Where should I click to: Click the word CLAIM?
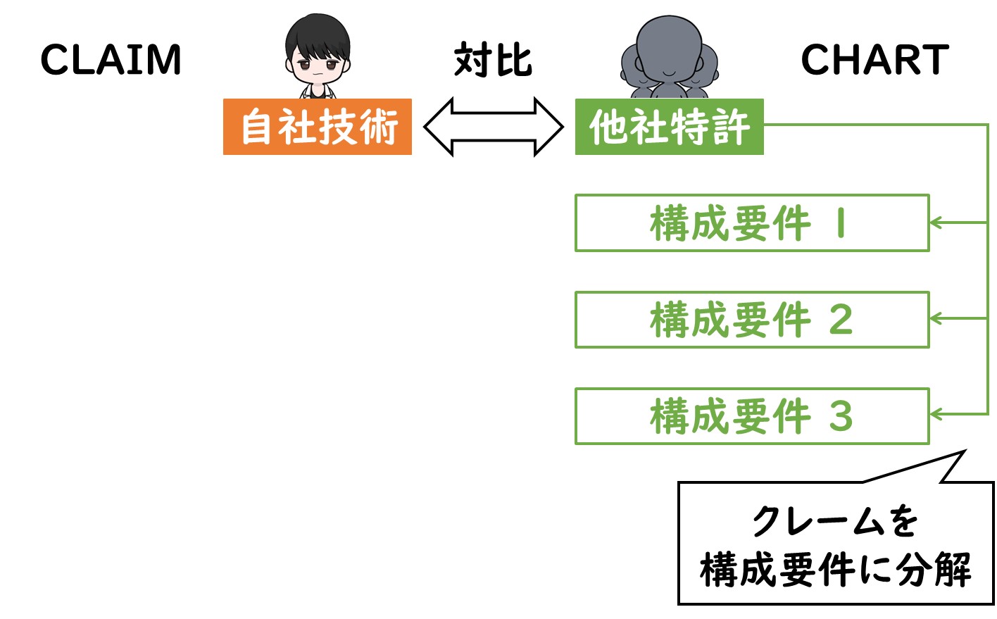coord(111,59)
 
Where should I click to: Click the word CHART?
coord(874,59)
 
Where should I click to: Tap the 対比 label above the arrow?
coord(493,59)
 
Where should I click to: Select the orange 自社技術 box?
coord(318,127)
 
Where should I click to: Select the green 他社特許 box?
coord(670,127)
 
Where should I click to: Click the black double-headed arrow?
coord(493,127)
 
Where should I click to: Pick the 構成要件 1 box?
coord(752,223)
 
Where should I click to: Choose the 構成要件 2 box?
coord(752,320)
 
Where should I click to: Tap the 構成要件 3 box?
coord(752,416)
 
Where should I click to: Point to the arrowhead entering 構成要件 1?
coord(936,223)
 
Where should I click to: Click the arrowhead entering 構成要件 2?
coord(936,318)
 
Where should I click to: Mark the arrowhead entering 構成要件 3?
coord(936,414)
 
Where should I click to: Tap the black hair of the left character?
coord(318,36)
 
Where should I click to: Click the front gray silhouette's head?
coord(669,49)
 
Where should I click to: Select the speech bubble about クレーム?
coord(836,543)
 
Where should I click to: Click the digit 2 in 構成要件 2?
coord(841,320)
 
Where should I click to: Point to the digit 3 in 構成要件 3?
coord(841,416)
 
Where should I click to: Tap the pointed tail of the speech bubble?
coord(965,451)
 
